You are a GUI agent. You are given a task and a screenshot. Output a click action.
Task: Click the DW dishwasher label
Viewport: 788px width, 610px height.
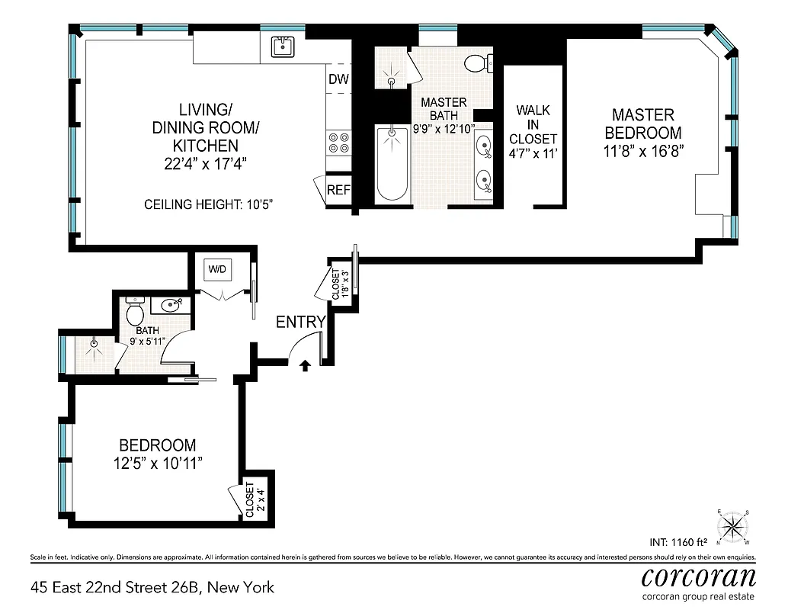[x=338, y=79]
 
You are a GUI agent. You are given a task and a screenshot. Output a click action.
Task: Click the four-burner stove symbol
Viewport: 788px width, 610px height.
[x=338, y=143]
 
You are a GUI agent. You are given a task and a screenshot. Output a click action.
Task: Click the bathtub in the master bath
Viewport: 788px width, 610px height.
[x=393, y=164]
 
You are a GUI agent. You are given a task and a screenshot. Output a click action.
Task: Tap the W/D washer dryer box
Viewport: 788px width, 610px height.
[x=218, y=269]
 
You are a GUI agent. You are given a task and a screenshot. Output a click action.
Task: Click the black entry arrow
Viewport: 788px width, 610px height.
[x=305, y=366]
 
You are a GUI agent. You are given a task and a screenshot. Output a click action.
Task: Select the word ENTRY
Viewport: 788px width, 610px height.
[x=300, y=322]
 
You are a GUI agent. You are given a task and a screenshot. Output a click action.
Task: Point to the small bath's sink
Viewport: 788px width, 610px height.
[x=169, y=306]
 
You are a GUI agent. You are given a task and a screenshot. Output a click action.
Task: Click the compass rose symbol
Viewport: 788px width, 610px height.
[x=735, y=525]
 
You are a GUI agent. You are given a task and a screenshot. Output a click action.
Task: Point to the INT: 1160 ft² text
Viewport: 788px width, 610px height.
[x=677, y=543]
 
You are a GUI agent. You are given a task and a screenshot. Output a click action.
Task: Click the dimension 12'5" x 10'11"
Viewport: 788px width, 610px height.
[x=156, y=463]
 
